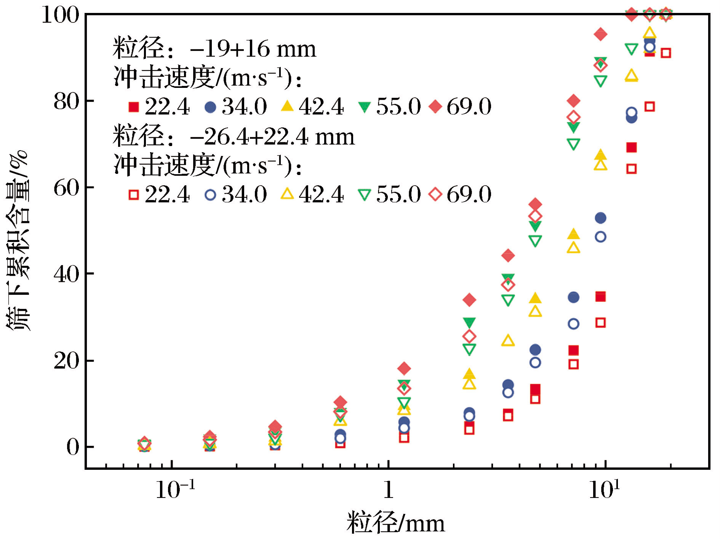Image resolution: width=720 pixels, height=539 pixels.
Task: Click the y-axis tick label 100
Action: point(60,15)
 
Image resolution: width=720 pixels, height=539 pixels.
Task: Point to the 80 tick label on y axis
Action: point(66,102)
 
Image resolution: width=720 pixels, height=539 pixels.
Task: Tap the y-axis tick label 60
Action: point(66,188)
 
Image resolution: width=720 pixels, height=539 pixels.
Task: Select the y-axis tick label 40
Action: point(66,274)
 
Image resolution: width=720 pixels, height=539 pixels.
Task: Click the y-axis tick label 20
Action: point(66,361)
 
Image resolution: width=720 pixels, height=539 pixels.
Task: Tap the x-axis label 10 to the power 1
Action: point(604,489)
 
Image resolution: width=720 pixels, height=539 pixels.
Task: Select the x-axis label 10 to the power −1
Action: point(175,489)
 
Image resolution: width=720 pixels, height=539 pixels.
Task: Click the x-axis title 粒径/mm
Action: point(395,523)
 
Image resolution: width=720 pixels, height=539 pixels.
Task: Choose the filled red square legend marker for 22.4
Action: point(134,107)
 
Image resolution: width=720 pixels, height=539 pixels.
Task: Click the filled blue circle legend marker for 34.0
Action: point(210,107)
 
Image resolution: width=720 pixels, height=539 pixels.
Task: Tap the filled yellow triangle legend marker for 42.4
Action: point(287,106)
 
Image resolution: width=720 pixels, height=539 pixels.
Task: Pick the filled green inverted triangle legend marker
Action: point(365,107)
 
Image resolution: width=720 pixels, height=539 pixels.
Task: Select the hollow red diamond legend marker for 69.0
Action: point(435,195)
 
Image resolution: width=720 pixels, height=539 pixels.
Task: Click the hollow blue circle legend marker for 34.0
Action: point(210,195)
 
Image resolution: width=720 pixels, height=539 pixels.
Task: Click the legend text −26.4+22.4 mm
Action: point(272,137)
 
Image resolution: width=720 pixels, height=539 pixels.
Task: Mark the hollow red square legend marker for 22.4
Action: point(134,195)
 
